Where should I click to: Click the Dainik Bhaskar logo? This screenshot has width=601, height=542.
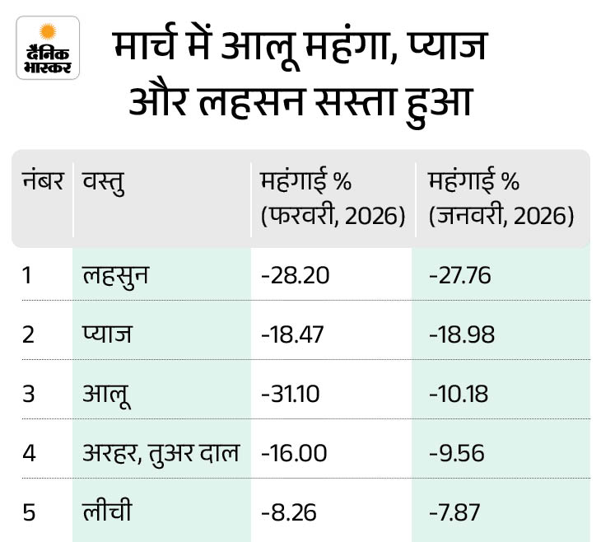point(47,48)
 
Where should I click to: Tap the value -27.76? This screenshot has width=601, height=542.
point(460,274)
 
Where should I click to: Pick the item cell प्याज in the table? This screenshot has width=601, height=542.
point(108,334)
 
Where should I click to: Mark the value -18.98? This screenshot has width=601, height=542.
point(460,334)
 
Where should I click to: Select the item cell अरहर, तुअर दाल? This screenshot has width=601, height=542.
point(161,453)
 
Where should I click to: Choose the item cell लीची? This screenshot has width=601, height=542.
point(106,512)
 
